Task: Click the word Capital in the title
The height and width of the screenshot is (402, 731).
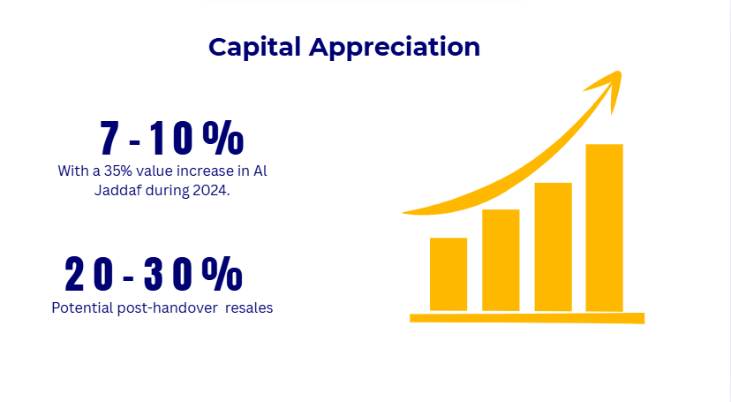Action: (254, 48)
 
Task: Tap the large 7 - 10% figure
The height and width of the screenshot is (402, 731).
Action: (170, 139)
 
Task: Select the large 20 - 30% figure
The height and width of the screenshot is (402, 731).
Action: (154, 275)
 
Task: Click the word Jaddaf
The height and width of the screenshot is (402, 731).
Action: (119, 191)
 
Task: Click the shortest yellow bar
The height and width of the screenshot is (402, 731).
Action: (448, 274)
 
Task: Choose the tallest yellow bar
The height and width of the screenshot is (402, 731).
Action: (604, 227)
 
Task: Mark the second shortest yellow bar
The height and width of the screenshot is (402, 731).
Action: (500, 260)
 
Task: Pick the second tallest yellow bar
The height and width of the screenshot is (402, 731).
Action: (553, 247)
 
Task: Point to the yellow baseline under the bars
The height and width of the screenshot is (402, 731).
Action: (527, 317)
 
